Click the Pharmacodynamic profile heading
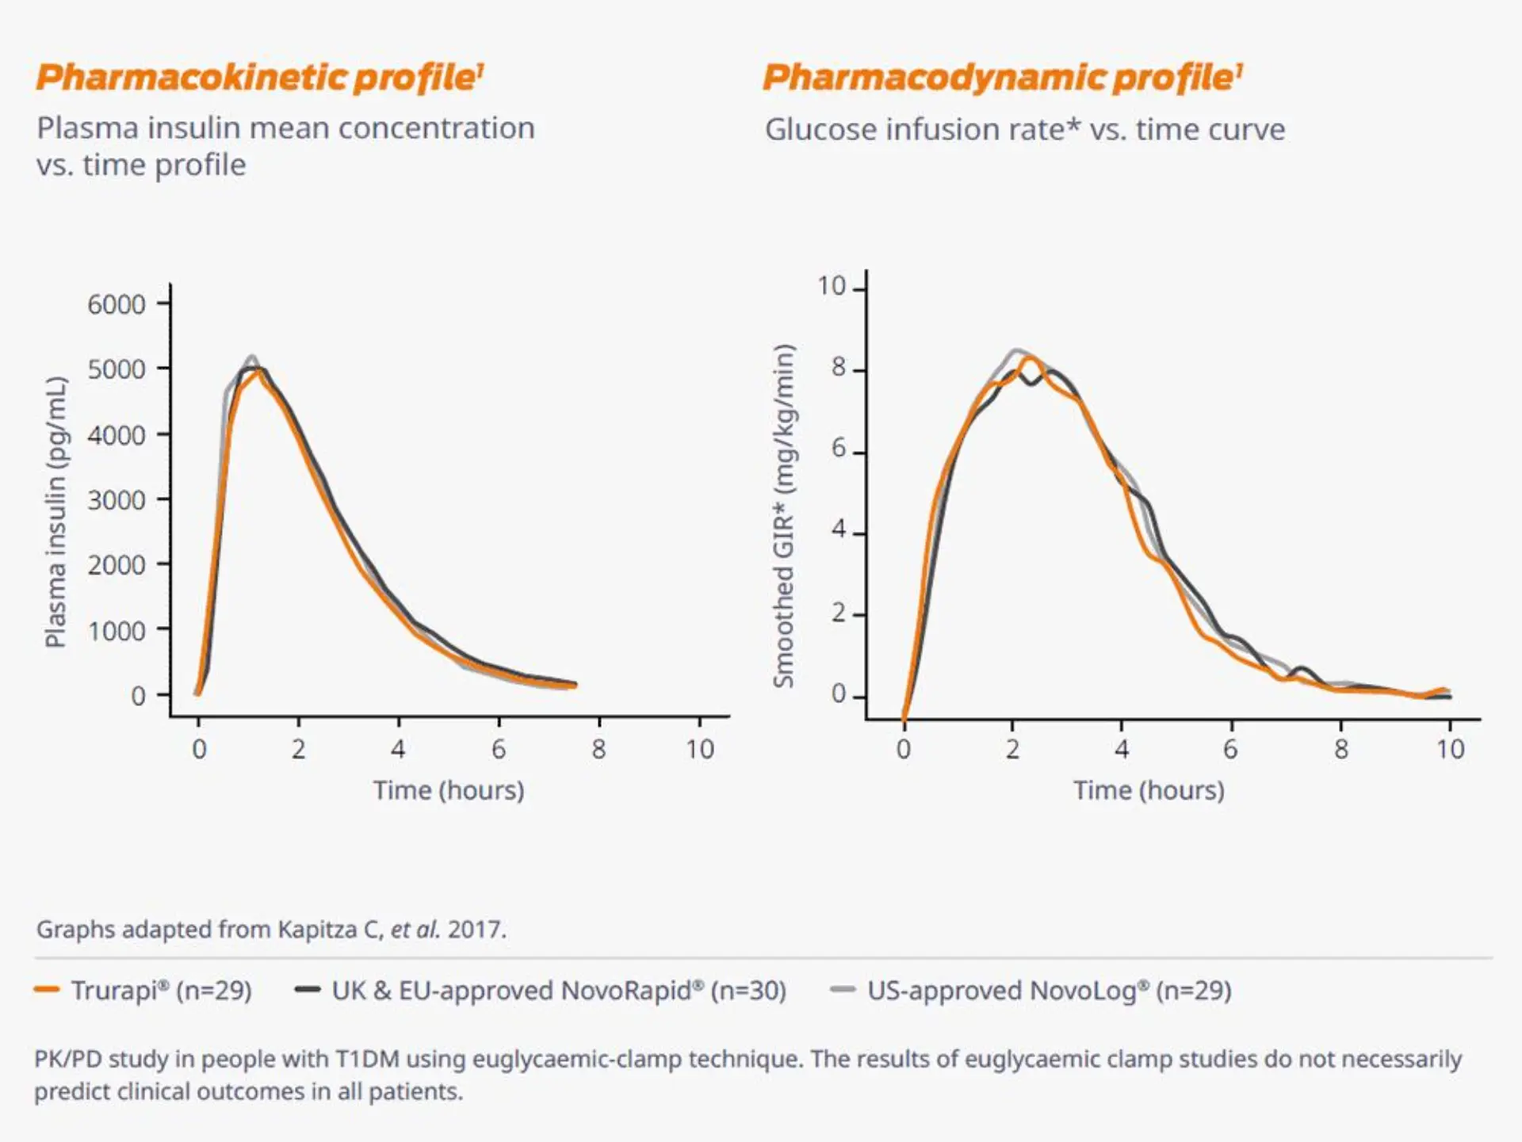1002,78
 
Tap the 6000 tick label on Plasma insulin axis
117,304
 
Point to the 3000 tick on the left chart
117,500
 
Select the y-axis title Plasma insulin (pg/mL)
55,512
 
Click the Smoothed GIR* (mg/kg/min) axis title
783,516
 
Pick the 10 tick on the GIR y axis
832,286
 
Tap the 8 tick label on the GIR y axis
839,368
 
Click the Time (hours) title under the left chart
449,790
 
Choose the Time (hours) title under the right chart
1149,790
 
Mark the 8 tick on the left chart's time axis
598,749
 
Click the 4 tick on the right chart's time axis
1121,749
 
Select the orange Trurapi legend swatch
47,989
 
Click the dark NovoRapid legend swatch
307,989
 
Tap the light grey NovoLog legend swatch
843,989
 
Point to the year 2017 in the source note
474,929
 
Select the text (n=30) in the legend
748,991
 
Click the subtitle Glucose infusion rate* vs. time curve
1024,129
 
